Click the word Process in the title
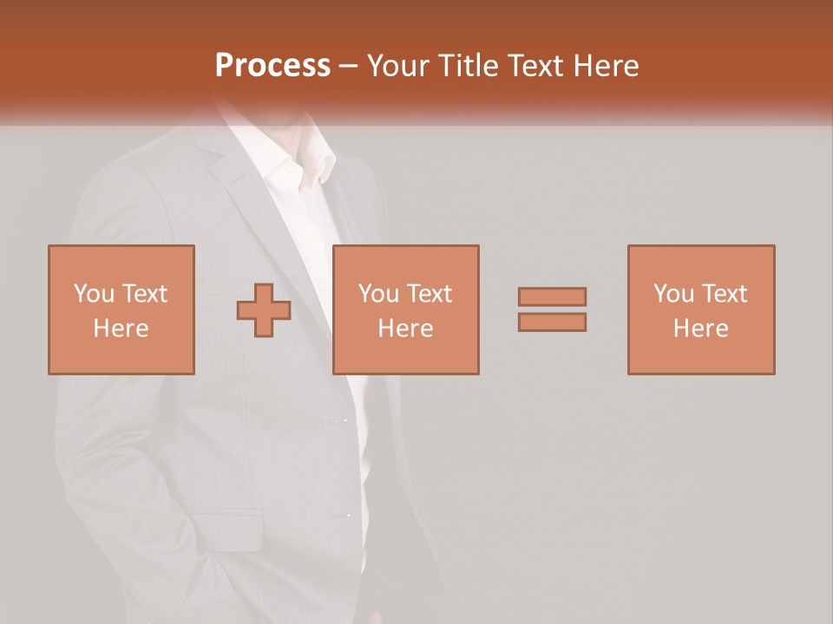coord(272,66)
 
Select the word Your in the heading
coord(398,66)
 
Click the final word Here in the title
coord(607,66)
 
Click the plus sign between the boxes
coord(264,310)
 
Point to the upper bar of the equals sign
coord(552,296)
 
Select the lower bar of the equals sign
coord(552,322)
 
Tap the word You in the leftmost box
coord(94,294)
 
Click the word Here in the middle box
coord(406,328)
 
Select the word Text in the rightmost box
coord(724,294)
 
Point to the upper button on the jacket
coord(340,420)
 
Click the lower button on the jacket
coord(340,516)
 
